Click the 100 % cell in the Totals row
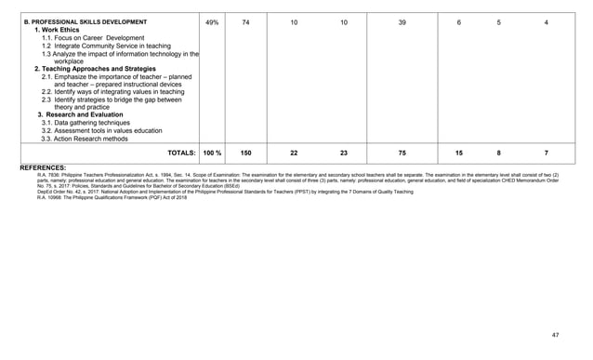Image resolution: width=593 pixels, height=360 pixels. [x=213, y=152]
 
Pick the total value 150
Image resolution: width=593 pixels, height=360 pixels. [x=245, y=152]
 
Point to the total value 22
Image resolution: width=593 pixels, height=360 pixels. [x=294, y=152]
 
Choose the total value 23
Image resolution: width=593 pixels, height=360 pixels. [x=344, y=152]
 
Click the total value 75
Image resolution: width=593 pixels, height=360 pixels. [x=402, y=152]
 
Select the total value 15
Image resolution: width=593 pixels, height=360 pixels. [x=459, y=152]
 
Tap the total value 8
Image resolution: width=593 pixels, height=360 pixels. [x=499, y=152]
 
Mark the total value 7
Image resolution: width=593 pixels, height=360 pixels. [x=546, y=152]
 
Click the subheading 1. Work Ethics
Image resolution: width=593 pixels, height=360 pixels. [x=60, y=31]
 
